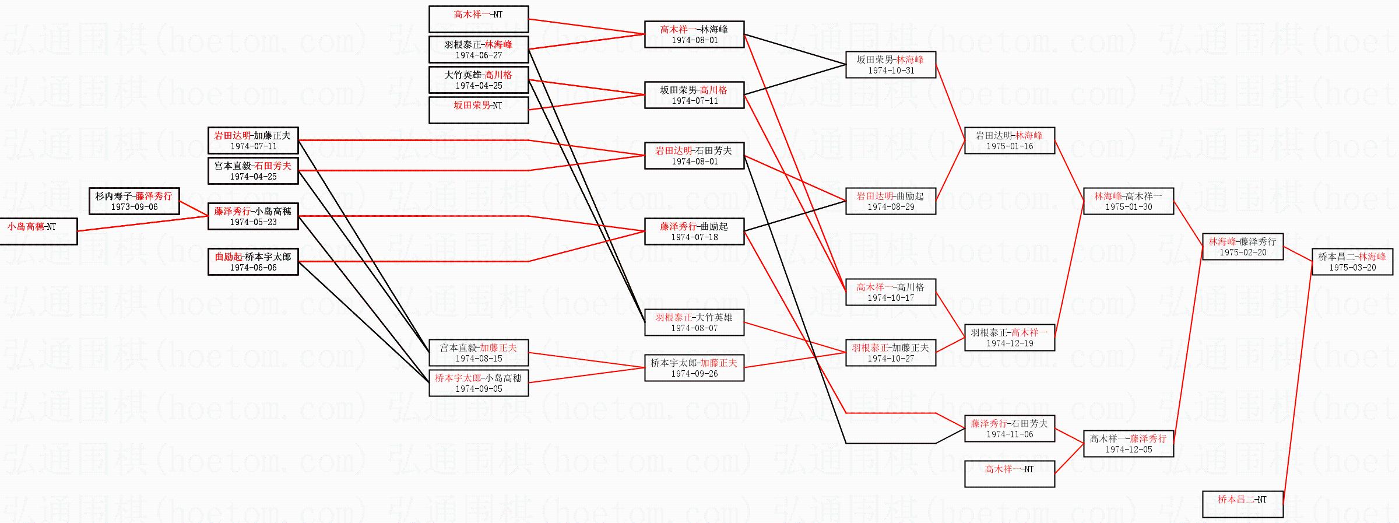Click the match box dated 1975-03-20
coord(1352,262)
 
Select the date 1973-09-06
coord(134,207)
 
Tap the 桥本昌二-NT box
coord(1242,504)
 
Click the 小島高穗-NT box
coord(38,231)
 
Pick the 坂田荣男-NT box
coord(478,110)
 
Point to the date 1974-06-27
coord(479,55)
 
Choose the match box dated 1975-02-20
coord(1242,247)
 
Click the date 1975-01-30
coord(1129,207)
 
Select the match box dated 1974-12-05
coord(1128,444)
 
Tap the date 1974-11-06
coord(1010,434)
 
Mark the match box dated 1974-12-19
coord(1009,338)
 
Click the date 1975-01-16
coord(1010,146)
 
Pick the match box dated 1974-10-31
coord(890,65)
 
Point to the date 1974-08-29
coord(891,207)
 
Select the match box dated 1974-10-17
coord(890,292)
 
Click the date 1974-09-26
coord(694,374)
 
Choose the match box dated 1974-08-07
coord(694,322)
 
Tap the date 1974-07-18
coord(694,237)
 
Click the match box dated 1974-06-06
coord(253,262)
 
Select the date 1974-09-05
coord(479,389)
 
